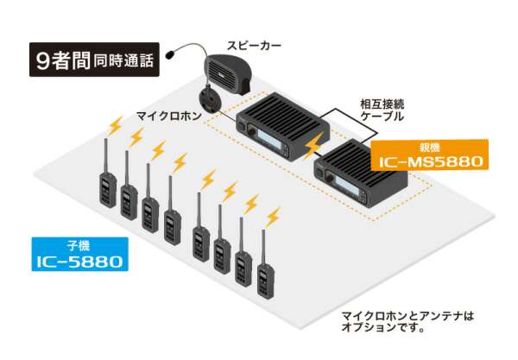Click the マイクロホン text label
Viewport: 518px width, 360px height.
pos(168,114)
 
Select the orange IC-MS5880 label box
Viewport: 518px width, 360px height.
pos(430,155)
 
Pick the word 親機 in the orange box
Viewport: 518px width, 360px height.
pos(429,147)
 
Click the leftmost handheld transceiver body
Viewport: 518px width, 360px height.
pos(106,188)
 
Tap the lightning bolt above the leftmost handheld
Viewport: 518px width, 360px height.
pos(112,126)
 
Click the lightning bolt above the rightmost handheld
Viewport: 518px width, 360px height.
pos(274,217)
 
